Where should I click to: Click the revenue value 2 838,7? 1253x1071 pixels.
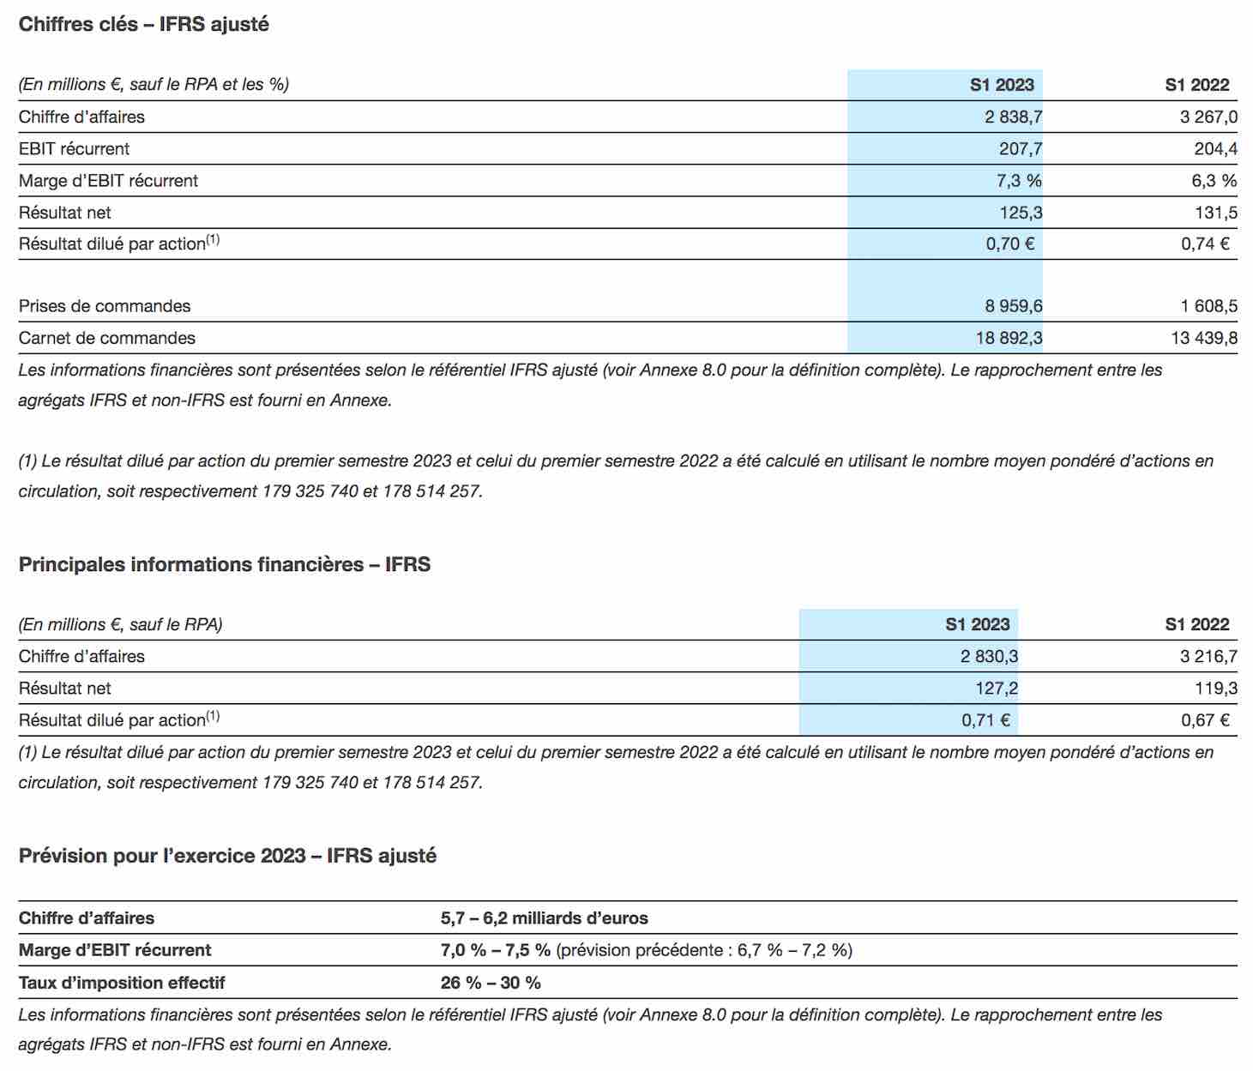click(1013, 117)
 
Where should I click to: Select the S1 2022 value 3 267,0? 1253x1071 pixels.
click(1208, 117)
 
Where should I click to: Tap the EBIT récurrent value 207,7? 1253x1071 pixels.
click(1021, 148)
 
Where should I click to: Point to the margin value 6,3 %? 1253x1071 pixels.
click(1214, 181)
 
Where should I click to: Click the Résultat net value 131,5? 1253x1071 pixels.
click(1216, 213)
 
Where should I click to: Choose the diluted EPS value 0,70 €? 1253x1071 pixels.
click(1010, 244)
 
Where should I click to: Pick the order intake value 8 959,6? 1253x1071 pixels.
click(1014, 306)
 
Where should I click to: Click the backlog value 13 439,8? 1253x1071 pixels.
click(1204, 338)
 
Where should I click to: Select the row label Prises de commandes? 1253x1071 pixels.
click(105, 306)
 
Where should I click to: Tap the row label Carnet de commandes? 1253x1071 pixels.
click(106, 338)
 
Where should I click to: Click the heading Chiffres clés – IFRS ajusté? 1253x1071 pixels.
click(144, 24)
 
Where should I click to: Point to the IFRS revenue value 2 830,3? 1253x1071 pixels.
click(990, 657)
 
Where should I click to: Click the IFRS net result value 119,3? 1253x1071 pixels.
click(1216, 689)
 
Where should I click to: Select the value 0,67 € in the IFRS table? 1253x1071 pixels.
click(1205, 720)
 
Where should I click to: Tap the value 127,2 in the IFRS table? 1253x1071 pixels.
click(997, 689)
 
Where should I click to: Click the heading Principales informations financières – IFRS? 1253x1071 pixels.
click(225, 564)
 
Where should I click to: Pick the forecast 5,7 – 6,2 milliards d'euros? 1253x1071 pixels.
click(545, 918)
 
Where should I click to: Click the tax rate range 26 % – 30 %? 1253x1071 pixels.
click(491, 983)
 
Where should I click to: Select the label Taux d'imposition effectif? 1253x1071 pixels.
click(122, 983)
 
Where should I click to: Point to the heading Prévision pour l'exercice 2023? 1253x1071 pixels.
click(162, 856)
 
